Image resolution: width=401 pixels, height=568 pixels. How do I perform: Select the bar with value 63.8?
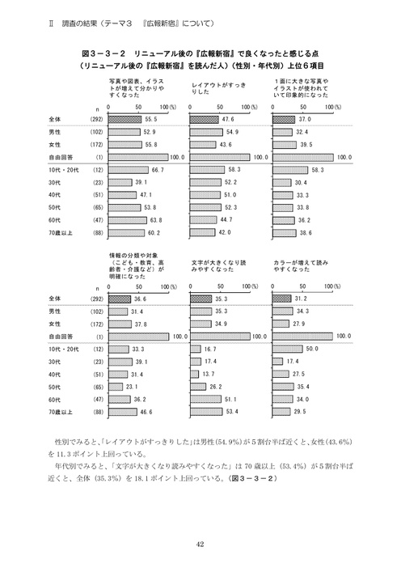point(133,219)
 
